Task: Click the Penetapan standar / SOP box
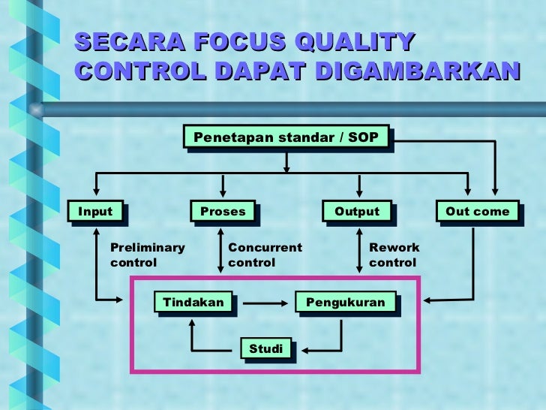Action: click(286, 137)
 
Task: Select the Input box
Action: click(95, 212)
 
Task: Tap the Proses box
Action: click(223, 212)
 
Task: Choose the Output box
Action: click(357, 212)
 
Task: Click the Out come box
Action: click(477, 212)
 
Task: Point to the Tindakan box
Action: click(193, 302)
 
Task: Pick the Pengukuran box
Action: click(345, 302)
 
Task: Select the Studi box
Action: click(266, 348)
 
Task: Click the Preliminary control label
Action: click(147, 255)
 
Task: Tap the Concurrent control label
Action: click(265, 255)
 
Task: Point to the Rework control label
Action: click(394, 255)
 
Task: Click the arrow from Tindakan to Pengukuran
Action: click(262, 303)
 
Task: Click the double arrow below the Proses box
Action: click(220, 250)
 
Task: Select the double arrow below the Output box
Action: click(359, 250)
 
